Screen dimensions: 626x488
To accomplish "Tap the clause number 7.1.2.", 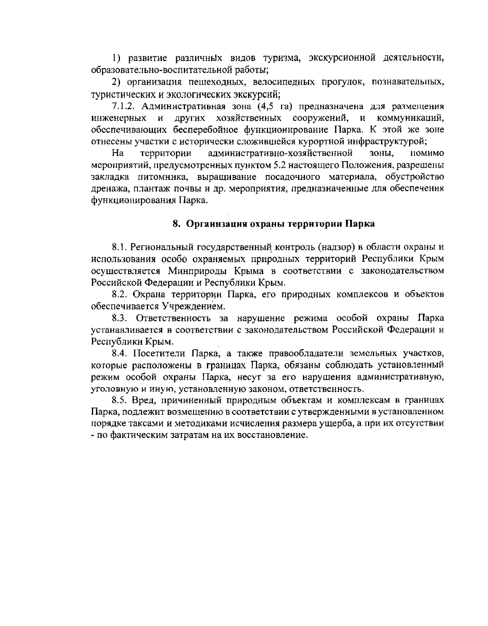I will pyautogui.click(x=122, y=107).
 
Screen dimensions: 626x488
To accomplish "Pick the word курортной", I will pyautogui.click(x=323, y=141).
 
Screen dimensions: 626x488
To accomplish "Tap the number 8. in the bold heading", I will pyautogui.click(x=176, y=224).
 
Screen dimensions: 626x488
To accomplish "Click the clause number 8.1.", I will pyautogui.click(x=118, y=247).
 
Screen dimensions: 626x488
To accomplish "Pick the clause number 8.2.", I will pyautogui.click(x=118, y=294).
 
